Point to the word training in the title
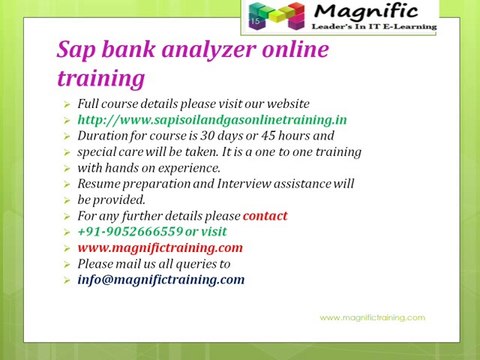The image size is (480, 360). (x=100, y=77)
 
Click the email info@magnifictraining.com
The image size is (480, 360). (x=160, y=279)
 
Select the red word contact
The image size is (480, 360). (x=265, y=215)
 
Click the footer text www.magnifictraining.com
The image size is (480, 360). (x=372, y=317)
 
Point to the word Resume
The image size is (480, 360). (x=101, y=184)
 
